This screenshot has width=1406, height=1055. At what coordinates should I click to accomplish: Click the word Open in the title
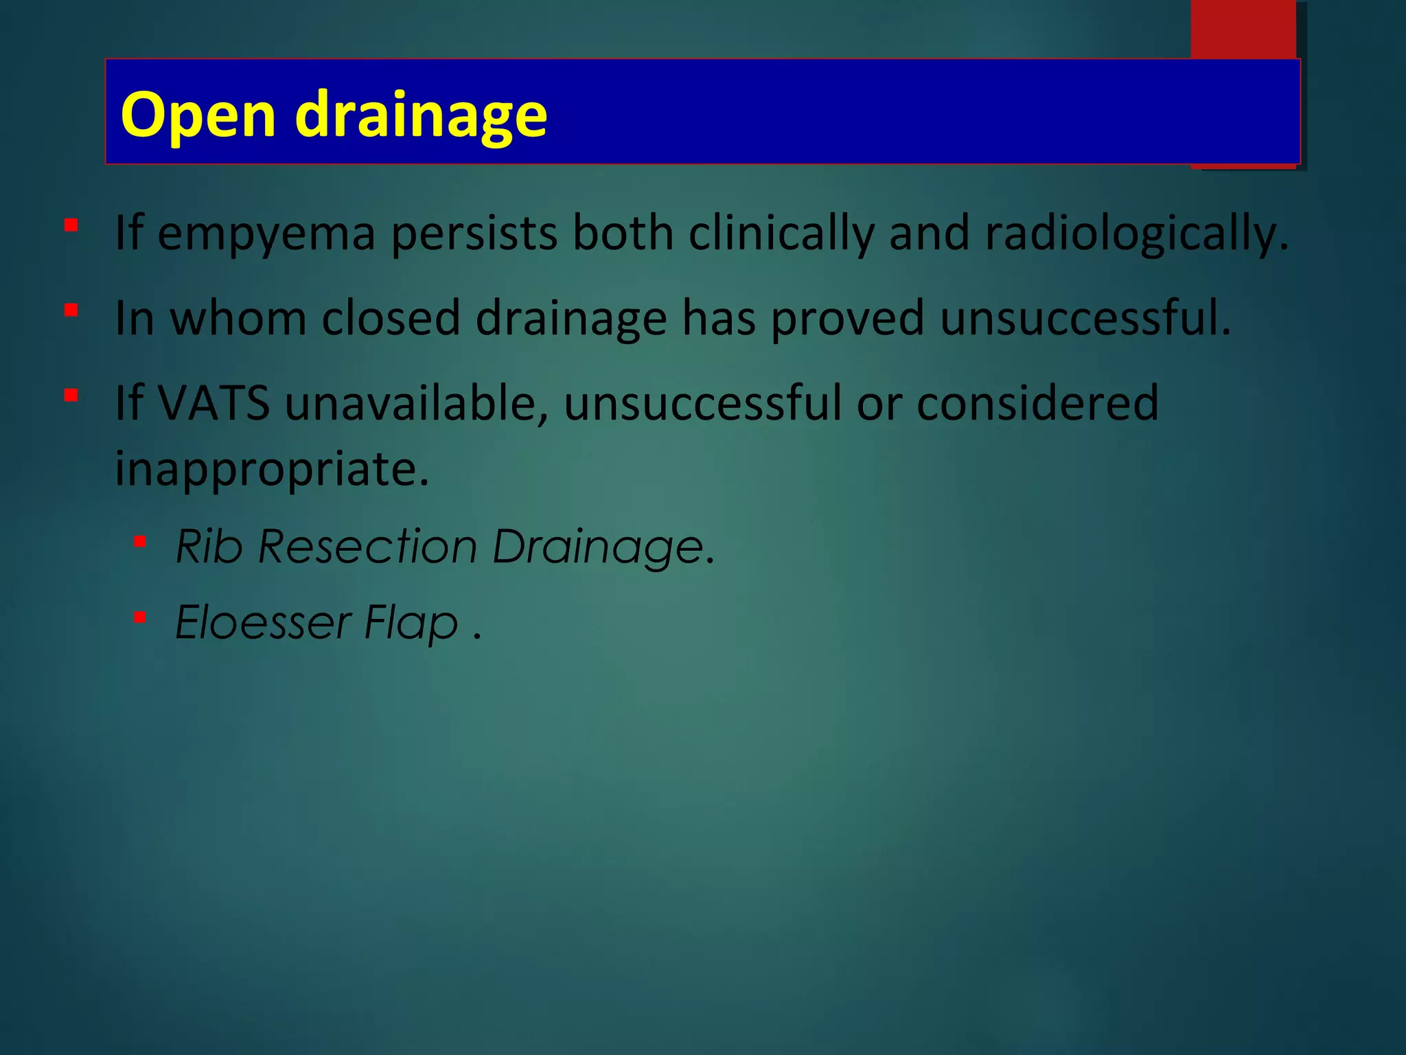(198, 115)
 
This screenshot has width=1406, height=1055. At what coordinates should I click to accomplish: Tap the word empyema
(266, 234)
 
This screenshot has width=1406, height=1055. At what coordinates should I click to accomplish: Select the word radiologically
(1136, 234)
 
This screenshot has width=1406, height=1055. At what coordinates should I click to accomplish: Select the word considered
(1037, 402)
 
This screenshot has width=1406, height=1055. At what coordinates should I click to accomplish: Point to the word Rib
(209, 547)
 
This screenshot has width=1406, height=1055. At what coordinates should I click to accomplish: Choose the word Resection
(368, 547)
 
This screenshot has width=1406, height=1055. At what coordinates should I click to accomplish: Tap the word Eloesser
(264, 622)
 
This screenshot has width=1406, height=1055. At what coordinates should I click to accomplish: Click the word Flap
(411, 622)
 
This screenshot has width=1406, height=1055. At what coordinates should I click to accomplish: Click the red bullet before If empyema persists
(71, 225)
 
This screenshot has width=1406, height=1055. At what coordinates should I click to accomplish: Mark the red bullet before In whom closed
(71, 310)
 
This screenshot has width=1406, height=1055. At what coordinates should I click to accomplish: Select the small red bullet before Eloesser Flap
(140, 617)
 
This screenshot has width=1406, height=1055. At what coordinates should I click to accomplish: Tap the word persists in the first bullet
(474, 234)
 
